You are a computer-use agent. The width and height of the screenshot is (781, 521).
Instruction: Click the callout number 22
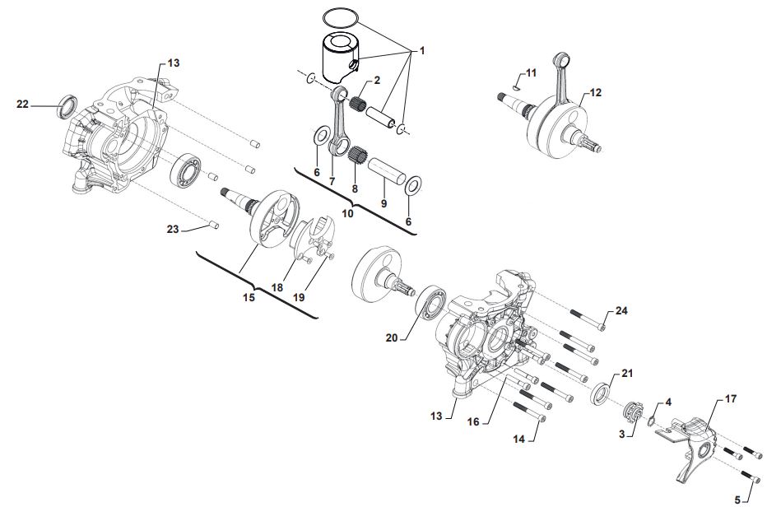click(22, 105)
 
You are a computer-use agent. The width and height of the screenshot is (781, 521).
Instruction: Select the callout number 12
click(595, 93)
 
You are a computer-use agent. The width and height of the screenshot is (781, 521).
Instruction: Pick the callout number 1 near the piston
click(422, 51)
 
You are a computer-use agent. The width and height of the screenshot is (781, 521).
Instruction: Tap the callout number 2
click(377, 80)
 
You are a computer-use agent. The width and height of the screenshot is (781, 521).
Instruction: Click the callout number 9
click(384, 203)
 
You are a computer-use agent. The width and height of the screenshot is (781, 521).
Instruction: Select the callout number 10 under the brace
click(347, 214)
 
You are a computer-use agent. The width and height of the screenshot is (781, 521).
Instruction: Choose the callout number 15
click(249, 297)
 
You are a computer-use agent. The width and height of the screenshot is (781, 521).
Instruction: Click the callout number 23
click(172, 229)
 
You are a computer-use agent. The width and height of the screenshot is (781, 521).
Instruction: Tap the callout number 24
click(621, 311)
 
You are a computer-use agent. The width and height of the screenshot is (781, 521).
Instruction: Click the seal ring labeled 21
click(602, 392)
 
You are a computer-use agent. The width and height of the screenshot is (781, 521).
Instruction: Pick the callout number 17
click(730, 399)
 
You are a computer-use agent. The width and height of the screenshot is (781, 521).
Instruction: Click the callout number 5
click(737, 500)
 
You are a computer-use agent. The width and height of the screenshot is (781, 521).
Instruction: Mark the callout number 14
click(519, 439)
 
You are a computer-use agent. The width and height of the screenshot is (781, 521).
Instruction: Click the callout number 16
click(473, 422)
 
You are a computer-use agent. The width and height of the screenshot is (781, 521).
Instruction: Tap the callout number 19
click(299, 297)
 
